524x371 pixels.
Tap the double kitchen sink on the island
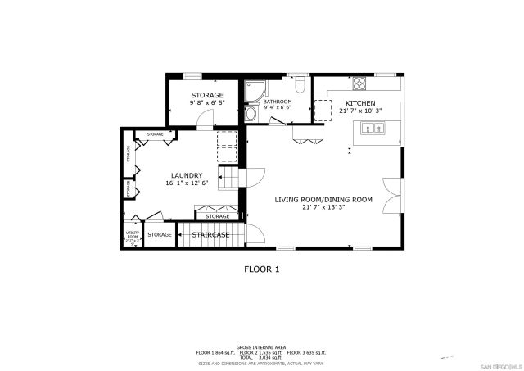tap(373, 127)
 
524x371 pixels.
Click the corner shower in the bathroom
tap(253, 88)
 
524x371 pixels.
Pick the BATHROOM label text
tap(278, 102)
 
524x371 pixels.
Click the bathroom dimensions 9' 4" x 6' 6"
tap(278, 107)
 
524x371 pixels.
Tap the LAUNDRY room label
tap(187, 175)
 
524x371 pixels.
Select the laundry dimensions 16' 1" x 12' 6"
tap(187, 183)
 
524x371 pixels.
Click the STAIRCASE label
tap(210, 235)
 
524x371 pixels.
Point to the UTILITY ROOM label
tap(132, 235)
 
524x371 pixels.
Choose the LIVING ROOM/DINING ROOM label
tap(323, 199)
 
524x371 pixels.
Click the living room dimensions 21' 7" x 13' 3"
tap(323, 207)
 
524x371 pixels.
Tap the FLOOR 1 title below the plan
tap(262, 268)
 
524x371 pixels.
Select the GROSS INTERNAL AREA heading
tap(261, 347)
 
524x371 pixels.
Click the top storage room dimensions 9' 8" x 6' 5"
tap(207, 103)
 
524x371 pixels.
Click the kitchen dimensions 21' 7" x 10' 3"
tap(360, 110)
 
